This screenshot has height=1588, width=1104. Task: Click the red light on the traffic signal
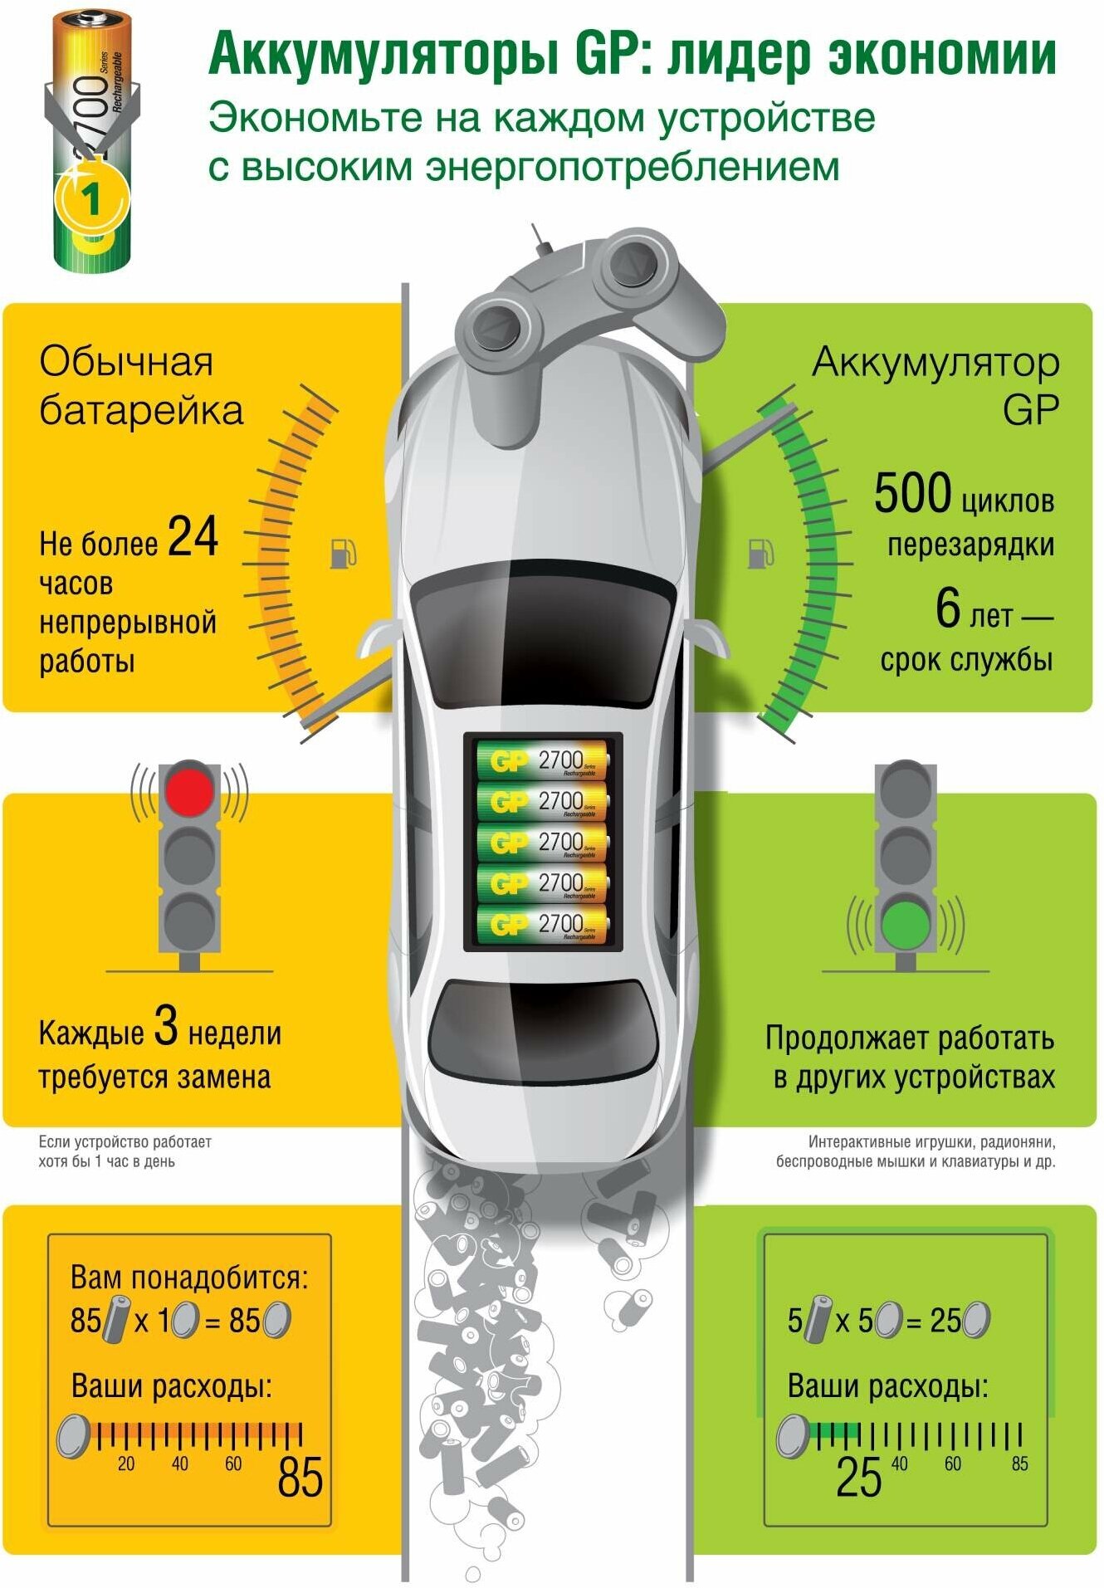[190, 789]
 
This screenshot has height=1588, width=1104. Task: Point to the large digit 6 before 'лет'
[947, 608]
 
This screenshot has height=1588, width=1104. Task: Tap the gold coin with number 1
[91, 200]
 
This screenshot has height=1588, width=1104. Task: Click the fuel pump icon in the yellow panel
[342, 553]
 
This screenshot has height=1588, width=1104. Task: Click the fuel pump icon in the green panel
[760, 553]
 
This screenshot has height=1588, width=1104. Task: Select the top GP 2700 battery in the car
[543, 761]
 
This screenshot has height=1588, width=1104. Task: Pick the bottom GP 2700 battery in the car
[543, 924]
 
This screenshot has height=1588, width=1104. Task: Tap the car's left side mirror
[376, 639]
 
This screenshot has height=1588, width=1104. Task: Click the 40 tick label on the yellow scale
[180, 1463]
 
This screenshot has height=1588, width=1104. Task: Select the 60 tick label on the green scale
[953, 1463]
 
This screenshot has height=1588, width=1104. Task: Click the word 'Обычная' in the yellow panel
[126, 362]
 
